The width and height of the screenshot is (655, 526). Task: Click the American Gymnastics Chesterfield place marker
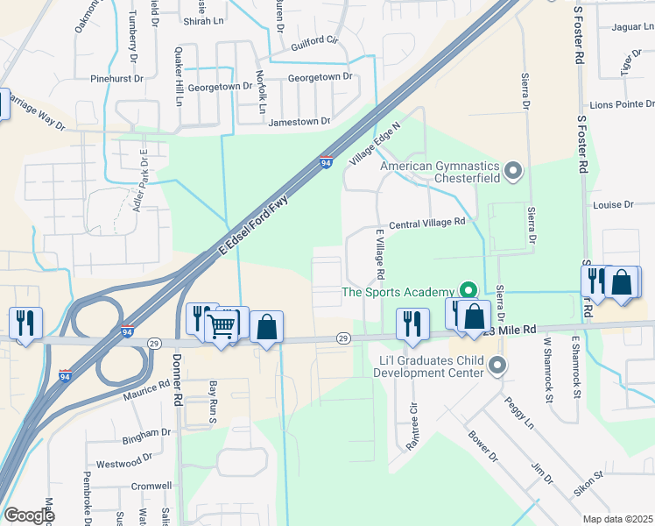point(514,169)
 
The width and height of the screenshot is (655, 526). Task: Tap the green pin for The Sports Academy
point(468,291)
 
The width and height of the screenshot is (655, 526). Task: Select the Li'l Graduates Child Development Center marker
point(497,365)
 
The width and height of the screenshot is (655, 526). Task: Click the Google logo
point(29,515)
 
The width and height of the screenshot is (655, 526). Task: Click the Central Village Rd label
point(426,224)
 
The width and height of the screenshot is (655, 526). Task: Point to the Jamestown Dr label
point(299,121)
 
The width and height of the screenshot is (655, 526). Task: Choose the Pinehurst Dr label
point(116,78)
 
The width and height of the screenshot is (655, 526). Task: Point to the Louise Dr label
point(613,204)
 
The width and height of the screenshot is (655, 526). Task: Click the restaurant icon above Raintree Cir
point(409,323)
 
